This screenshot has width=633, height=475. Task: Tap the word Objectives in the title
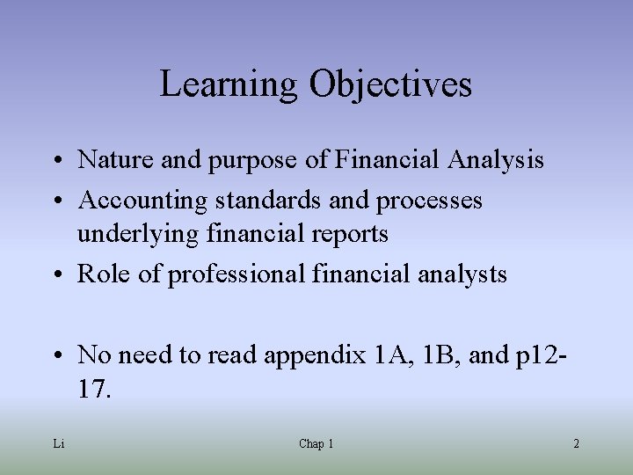pyautogui.click(x=390, y=85)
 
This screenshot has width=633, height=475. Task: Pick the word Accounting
pyautogui.click(x=131, y=201)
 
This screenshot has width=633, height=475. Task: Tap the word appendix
pyautogui.click(x=313, y=355)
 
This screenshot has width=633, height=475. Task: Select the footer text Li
pyautogui.click(x=58, y=444)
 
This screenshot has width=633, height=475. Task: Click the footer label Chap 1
pyautogui.click(x=316, y=444)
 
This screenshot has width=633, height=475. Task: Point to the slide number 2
pyautogui.click(x=576, y=444)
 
